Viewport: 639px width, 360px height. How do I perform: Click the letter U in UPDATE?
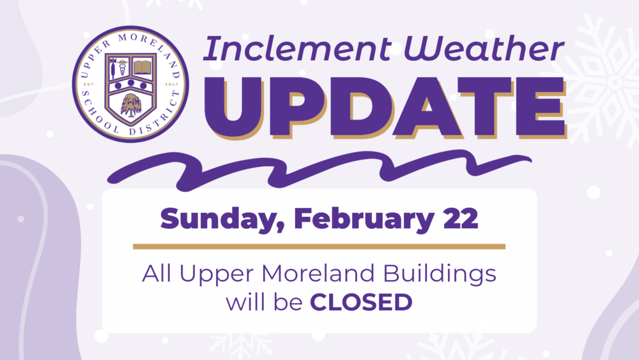coord(251,108)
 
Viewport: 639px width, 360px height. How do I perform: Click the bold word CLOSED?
coord(360,302)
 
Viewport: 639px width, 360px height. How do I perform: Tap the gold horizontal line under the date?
coord(319,246)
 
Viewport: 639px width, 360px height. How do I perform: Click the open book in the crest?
coord(143,66)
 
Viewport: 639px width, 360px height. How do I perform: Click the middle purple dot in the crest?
coord(130,82)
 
